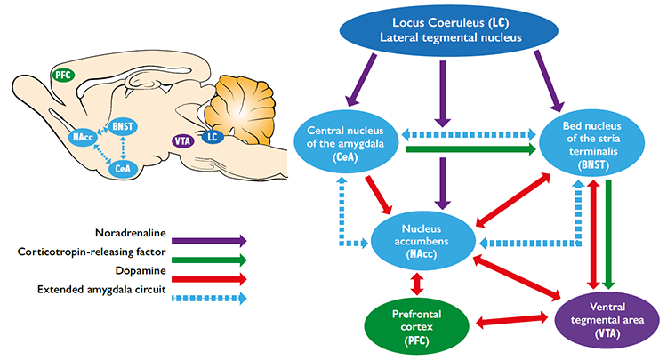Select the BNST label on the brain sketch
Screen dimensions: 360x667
[x=123, y=127]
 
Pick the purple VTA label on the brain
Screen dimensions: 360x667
[x=183, y=140]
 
